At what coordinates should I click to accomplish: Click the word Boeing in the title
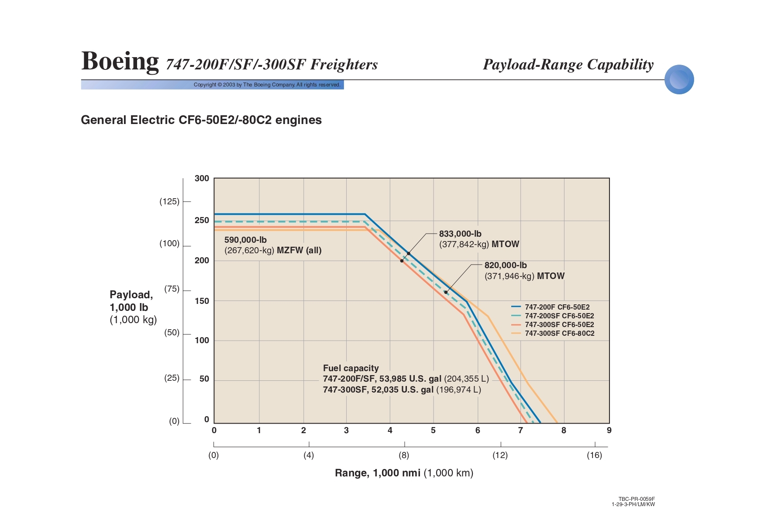120,61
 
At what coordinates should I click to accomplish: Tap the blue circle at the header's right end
679,79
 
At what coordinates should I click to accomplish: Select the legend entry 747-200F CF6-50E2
557,307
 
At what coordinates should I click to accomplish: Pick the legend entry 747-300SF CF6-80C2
559,333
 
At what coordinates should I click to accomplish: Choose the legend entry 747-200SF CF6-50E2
559,316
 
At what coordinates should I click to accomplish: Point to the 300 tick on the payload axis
202,178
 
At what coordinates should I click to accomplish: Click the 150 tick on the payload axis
202,301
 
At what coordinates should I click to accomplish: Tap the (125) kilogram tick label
169,201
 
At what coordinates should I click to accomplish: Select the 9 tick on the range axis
609,430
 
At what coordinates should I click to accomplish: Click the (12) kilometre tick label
500,455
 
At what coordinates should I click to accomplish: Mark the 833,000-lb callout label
460,234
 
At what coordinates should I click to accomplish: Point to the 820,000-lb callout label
506,265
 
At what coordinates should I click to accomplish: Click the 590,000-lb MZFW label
245,240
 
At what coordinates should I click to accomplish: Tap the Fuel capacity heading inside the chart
351,368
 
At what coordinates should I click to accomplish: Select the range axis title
404,473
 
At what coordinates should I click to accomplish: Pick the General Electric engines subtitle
201,120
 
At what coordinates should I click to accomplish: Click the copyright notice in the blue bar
267,85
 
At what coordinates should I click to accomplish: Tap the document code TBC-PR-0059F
637,499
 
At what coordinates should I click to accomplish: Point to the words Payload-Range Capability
568,65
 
